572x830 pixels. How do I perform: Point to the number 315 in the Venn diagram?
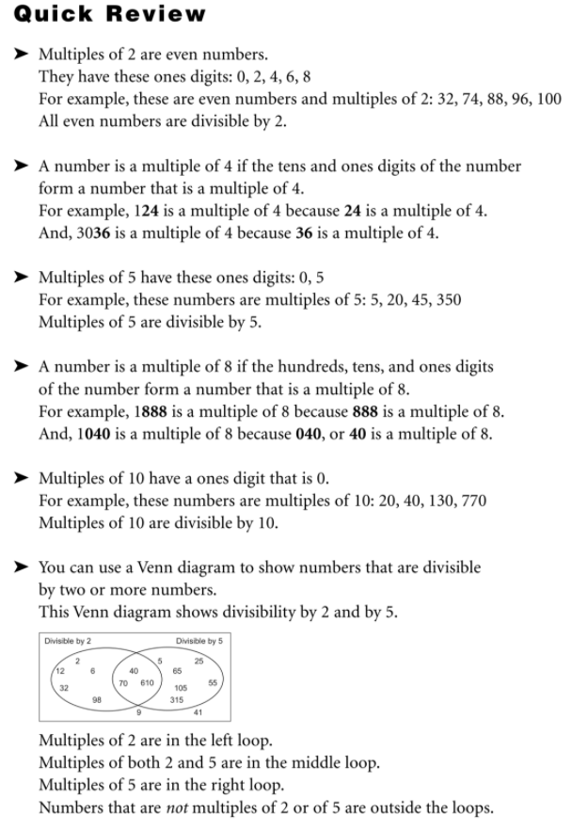click(x=176, y=702)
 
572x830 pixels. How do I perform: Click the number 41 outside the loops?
click(x=197, y=712)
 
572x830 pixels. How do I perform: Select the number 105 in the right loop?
click(x=180, y=689)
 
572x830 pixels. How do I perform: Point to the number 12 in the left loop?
click(x=58, y=670)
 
